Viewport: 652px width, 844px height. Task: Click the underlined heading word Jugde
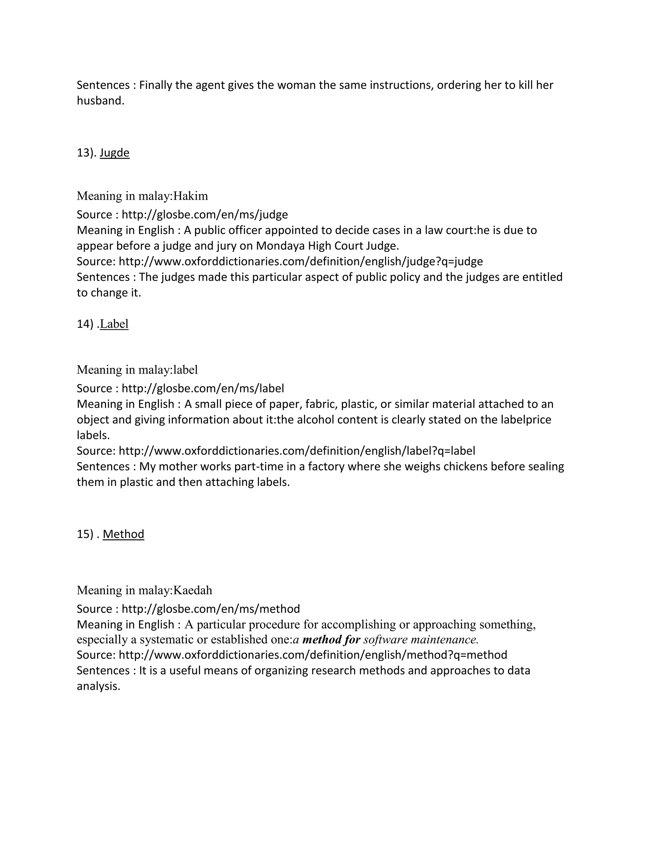pos(114,153)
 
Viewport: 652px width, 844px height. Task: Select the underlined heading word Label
pos(114,324)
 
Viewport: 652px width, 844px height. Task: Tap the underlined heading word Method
pos(123,534)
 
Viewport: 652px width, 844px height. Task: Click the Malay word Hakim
pos(190,196)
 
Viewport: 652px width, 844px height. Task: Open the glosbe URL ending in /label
pos(203,388)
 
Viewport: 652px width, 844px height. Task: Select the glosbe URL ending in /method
pos(210,609)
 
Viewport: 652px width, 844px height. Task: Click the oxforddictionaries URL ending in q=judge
pos(301,261)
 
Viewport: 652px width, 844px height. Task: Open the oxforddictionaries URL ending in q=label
pos(297,451)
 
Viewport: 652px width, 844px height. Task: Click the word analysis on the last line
pos(98,686)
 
